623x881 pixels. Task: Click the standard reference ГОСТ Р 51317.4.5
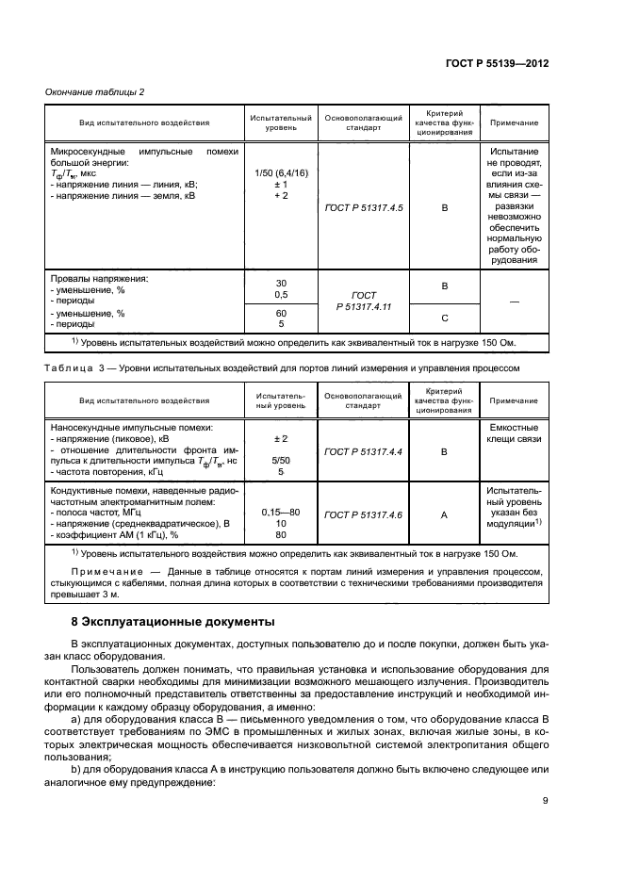[x=363, y=207]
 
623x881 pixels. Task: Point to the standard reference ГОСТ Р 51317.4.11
[x=363, y=301]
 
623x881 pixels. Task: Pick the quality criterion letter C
[x=445, y=318]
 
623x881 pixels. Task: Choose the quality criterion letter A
[x=445, y=514]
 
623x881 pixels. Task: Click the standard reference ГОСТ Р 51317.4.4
[x=363, y=452]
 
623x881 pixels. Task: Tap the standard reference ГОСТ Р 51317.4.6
[x=363, y=514]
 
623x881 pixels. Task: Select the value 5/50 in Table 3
[x=281, y=461]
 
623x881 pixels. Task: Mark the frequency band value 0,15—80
[x=281, y=512]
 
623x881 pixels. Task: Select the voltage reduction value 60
[x=281, y=313]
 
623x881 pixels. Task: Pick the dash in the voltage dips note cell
[x=514, y=302]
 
